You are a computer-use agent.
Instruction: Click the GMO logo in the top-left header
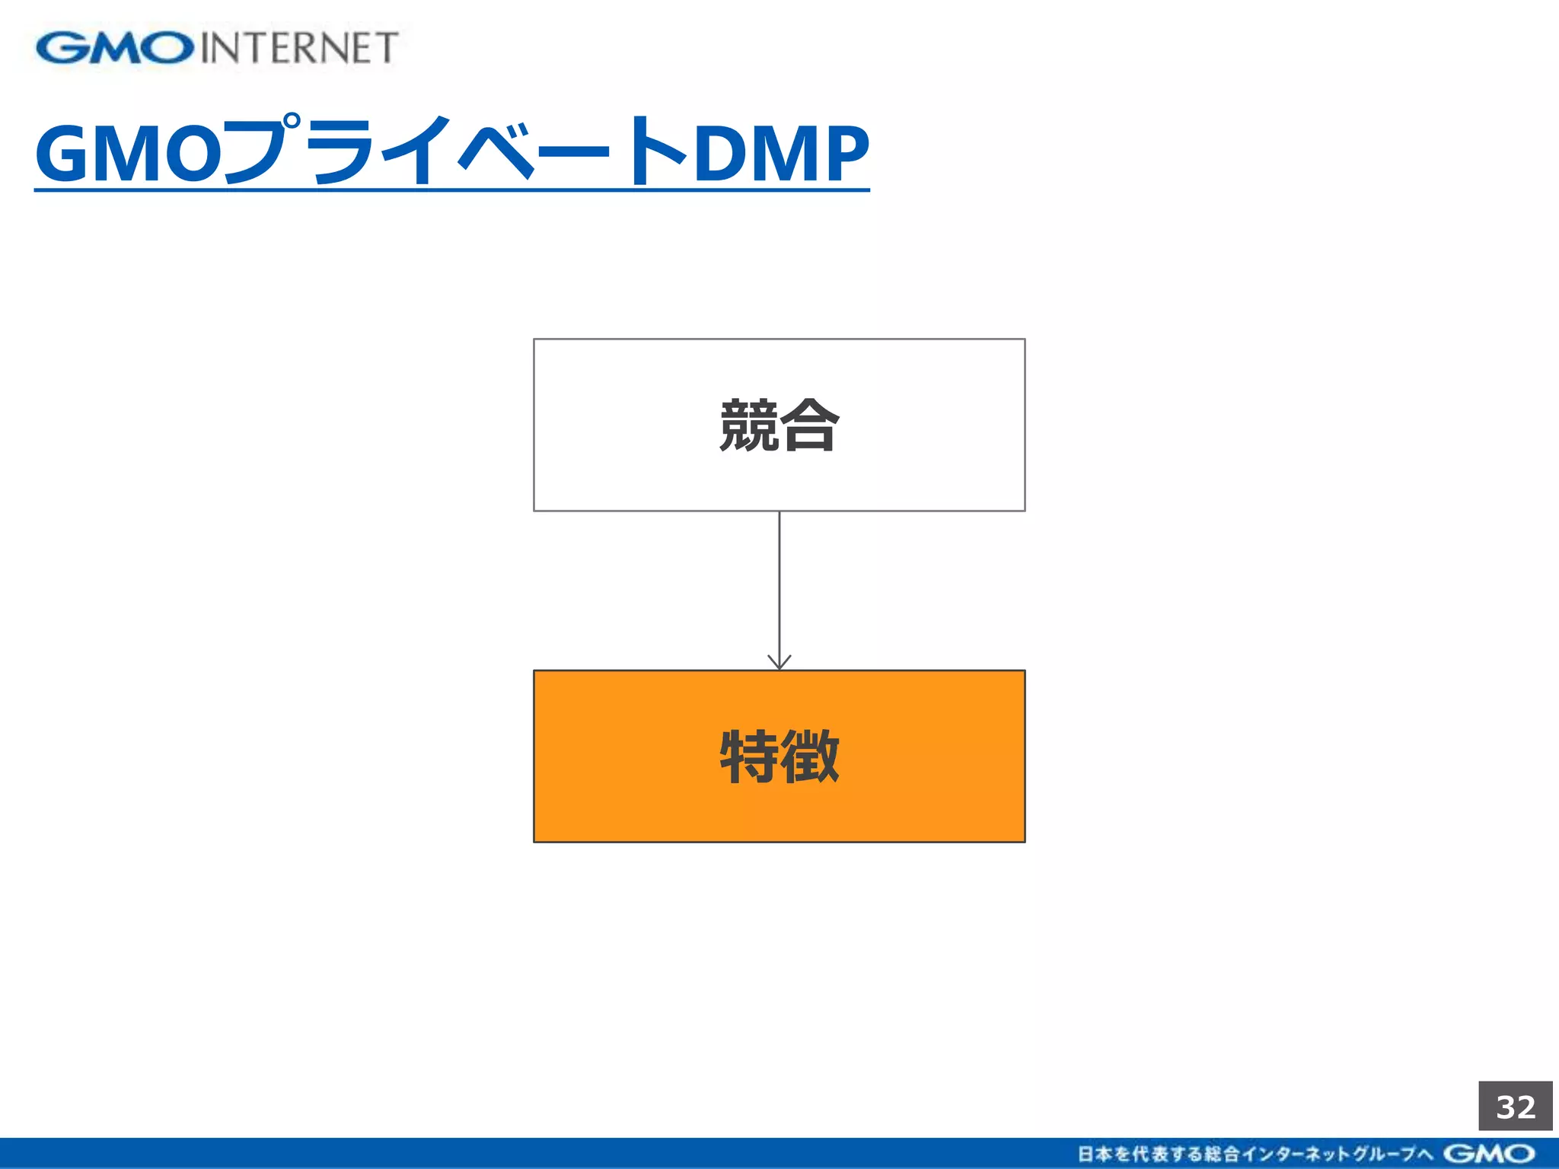coord(114,48)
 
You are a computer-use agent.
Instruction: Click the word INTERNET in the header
coord(299,48)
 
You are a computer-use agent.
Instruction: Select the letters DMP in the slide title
coord(781,154)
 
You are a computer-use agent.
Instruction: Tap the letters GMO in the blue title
coord(128,154)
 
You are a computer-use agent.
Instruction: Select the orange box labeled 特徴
coord(779,807)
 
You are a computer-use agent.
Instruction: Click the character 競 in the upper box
coord(749,425)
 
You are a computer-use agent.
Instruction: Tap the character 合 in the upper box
coord(810,425)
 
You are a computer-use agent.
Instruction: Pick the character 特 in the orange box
coord(749,756)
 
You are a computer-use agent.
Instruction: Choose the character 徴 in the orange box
coord(810,756)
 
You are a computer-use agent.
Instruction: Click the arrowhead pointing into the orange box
coord(779,662)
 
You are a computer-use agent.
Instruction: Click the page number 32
coord(1516,1107)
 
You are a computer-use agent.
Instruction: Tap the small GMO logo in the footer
coord(1489,1154)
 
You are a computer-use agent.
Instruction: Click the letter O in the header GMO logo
coord(169,48)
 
